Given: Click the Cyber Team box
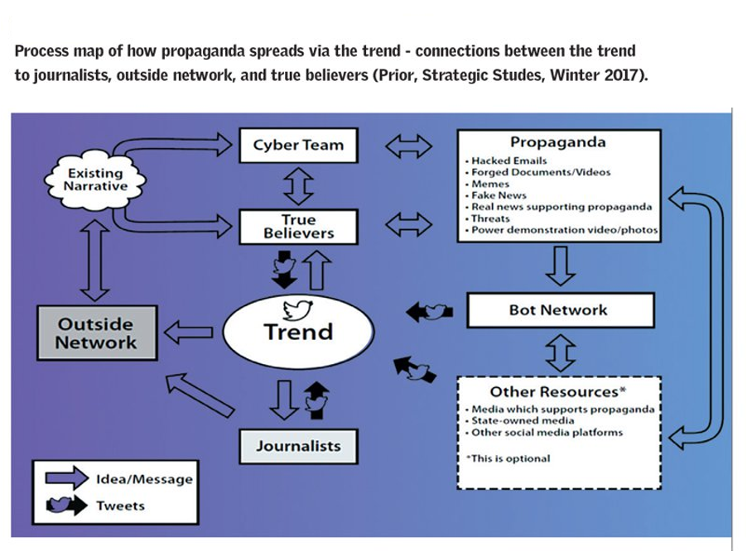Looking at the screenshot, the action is (299, 145).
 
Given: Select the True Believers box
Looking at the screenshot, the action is (299, 227).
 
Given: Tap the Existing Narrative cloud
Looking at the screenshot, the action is (95, 180).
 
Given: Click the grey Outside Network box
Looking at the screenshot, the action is (97, 333).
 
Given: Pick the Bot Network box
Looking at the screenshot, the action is (560, 310).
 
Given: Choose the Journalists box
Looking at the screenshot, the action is (299, 446).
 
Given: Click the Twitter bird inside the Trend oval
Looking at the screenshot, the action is (298, 309).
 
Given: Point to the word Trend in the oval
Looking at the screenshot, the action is (298, 332).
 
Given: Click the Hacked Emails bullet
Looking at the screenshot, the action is (506, 161).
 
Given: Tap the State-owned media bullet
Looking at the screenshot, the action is (520, 420).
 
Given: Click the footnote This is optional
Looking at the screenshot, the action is (508, 458).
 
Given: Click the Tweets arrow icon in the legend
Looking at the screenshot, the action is (67, 505).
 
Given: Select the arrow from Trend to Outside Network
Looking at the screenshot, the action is (189, 332).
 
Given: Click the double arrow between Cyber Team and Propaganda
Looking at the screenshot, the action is (409, 146).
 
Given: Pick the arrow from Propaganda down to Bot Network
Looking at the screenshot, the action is (560, 266).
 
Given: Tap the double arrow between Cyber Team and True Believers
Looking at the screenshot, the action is (299, 186).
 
